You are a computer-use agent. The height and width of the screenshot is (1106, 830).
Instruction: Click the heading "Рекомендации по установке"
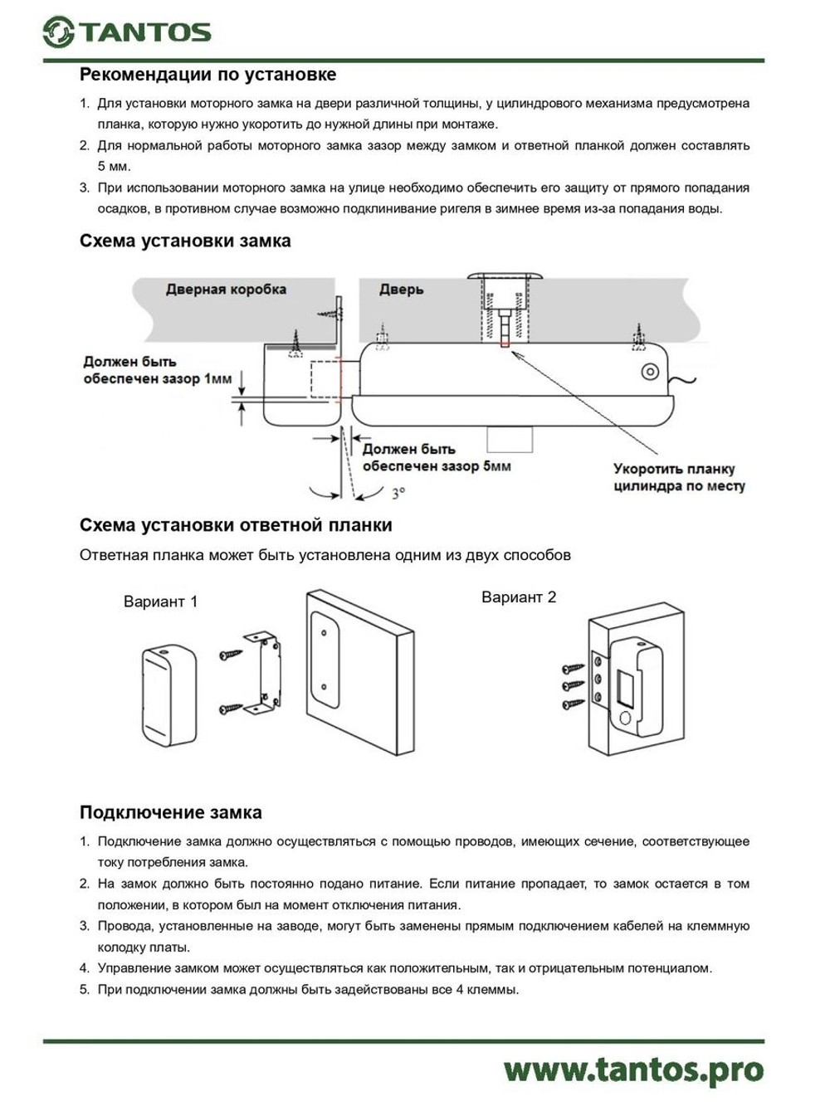point(207,75)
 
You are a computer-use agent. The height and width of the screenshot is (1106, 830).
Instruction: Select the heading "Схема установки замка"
point(185,241)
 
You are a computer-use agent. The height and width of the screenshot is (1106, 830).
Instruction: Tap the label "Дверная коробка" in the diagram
point(226,289)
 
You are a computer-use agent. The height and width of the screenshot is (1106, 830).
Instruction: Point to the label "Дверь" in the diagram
point(401,289)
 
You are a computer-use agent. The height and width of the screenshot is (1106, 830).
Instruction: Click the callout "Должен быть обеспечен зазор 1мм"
point(157,370)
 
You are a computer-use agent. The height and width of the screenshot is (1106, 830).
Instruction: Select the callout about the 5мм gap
point(436,457)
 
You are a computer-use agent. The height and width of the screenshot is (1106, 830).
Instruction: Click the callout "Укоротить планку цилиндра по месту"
point(679,478)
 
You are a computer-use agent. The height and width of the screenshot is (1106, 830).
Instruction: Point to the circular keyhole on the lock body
point(650,372)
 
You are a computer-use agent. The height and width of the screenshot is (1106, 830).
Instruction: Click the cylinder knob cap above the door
point(505,276)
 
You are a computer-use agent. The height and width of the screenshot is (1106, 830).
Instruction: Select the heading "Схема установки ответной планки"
point(236,525)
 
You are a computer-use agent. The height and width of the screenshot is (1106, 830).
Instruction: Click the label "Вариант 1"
point(160,602)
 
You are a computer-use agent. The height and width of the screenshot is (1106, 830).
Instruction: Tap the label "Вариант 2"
point(519,597)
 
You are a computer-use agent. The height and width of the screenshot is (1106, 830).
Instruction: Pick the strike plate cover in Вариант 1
point(169,694)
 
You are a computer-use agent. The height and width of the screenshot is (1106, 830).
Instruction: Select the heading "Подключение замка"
point(170,812)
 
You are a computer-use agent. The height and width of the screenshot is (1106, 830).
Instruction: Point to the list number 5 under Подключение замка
point(84,989)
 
